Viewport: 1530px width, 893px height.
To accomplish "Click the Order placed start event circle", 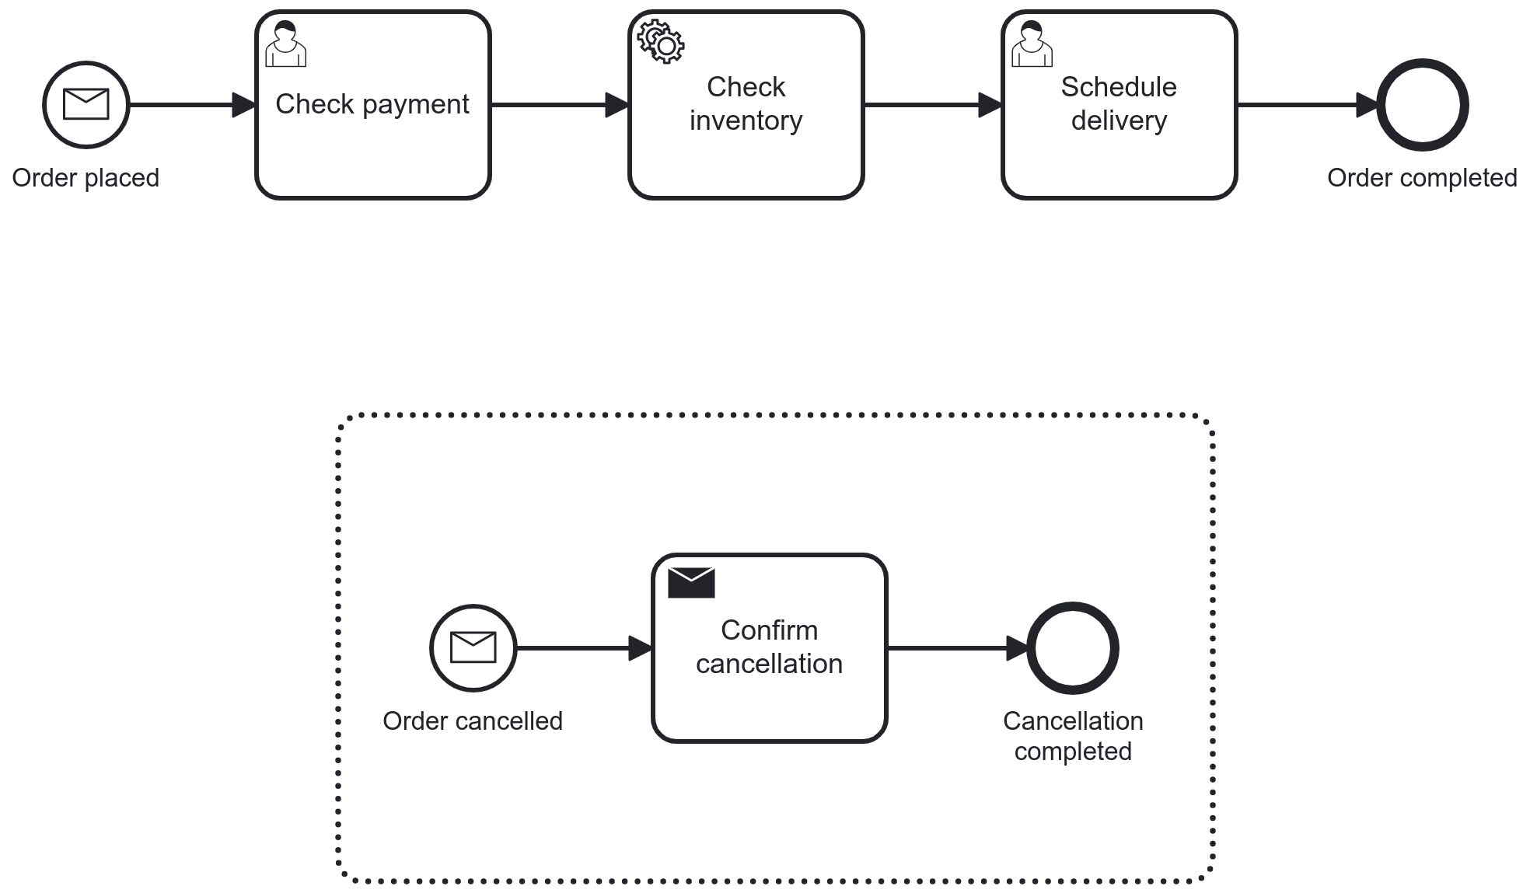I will tap(86, 105).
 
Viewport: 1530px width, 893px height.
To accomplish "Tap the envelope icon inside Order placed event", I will tap(86, 103).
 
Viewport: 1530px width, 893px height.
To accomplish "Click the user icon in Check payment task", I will tap(285, 44).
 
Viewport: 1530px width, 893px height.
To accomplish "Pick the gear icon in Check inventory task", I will tap(661, 42).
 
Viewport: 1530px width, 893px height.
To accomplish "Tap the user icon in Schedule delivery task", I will tap(1032, 44).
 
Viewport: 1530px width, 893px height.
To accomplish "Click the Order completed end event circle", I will tap(1422, 105).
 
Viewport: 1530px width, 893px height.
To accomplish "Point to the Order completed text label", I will tap(1422, 178).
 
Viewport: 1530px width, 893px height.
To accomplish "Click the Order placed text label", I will tap(86, 178).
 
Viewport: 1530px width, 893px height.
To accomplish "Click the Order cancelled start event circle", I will tap(473, 647).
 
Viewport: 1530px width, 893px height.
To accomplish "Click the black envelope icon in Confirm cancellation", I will tap(691, 583).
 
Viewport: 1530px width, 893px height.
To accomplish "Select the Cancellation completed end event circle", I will tap(1073, 647).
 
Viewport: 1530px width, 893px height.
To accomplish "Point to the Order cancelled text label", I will tap(473, 721).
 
